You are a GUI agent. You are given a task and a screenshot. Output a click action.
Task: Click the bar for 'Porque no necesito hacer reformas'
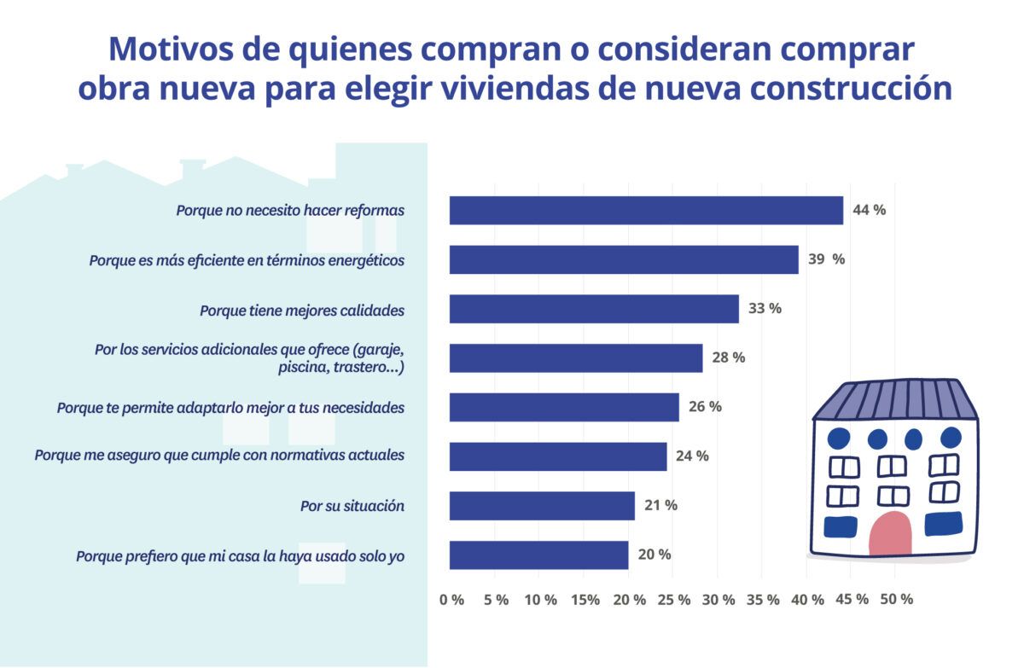[646, 211]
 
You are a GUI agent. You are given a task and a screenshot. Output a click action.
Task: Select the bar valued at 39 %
[624, 259]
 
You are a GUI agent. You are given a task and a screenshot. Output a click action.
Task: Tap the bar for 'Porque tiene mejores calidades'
[594, 309]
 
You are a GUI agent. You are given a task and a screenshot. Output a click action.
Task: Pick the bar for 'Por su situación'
[542, 506]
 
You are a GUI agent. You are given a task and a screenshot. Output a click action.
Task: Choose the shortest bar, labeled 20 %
[538, 555]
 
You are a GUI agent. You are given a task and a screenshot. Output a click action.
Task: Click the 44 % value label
[869, 210]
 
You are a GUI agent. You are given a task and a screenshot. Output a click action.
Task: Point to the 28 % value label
[728, 357]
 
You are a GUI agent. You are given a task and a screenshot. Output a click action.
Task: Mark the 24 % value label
[692, 456]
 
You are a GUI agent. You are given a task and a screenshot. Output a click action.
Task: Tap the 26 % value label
[705, 407]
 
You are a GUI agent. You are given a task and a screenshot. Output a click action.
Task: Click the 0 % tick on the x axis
[452, 600]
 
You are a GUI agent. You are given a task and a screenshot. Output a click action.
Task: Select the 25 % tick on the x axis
[674, 600]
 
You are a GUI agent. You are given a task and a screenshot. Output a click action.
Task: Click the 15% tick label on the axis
[585, 600]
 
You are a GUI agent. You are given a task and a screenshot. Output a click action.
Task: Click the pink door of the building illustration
[890, 534]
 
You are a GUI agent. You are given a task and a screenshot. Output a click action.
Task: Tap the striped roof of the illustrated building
[895, 399]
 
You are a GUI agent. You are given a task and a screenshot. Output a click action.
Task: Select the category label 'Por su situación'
[352, 506]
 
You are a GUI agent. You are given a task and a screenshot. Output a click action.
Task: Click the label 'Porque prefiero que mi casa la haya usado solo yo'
[240, 556]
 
